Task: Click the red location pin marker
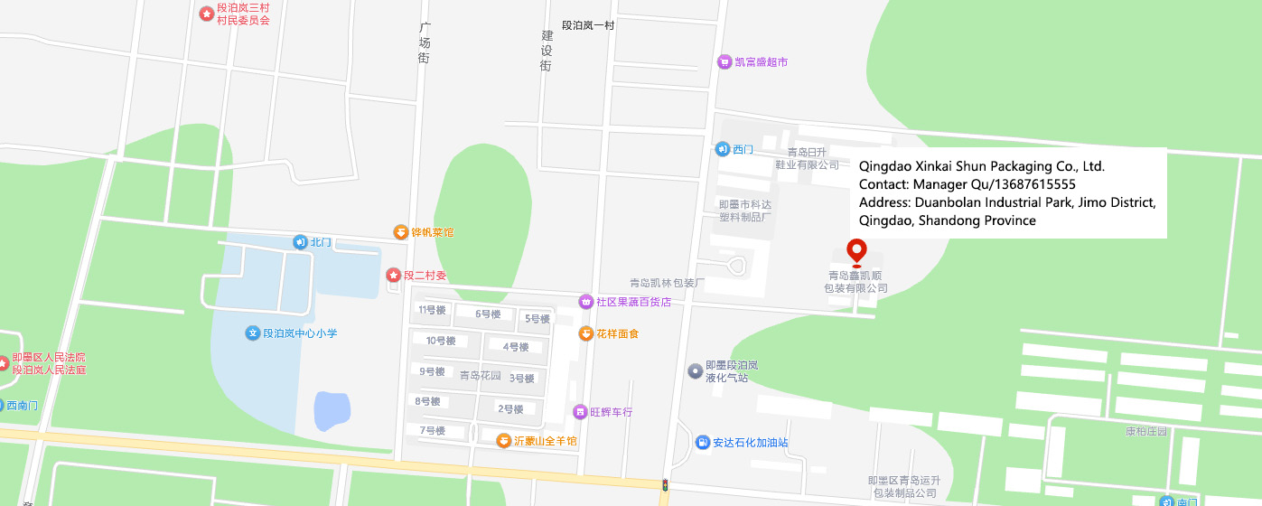point(855,251)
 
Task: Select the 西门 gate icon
point(722,149)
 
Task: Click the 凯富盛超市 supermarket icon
point(724,61)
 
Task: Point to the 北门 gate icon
point(300,242)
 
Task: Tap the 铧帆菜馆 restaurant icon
point(400,232)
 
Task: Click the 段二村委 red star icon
point(393,275)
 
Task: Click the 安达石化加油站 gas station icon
point(702,443)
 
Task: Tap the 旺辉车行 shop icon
point(579,412)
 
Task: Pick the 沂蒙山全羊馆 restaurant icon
point(503,441)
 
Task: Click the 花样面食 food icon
point(585,333)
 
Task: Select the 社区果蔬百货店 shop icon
point(585,301)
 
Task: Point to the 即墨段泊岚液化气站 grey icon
point(695,370)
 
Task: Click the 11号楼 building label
point(432,310)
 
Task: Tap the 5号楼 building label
point(538,319)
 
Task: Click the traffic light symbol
point(665,485)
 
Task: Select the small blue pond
point(332,411)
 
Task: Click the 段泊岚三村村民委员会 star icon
point(207,14)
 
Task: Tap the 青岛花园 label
point(480,376)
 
